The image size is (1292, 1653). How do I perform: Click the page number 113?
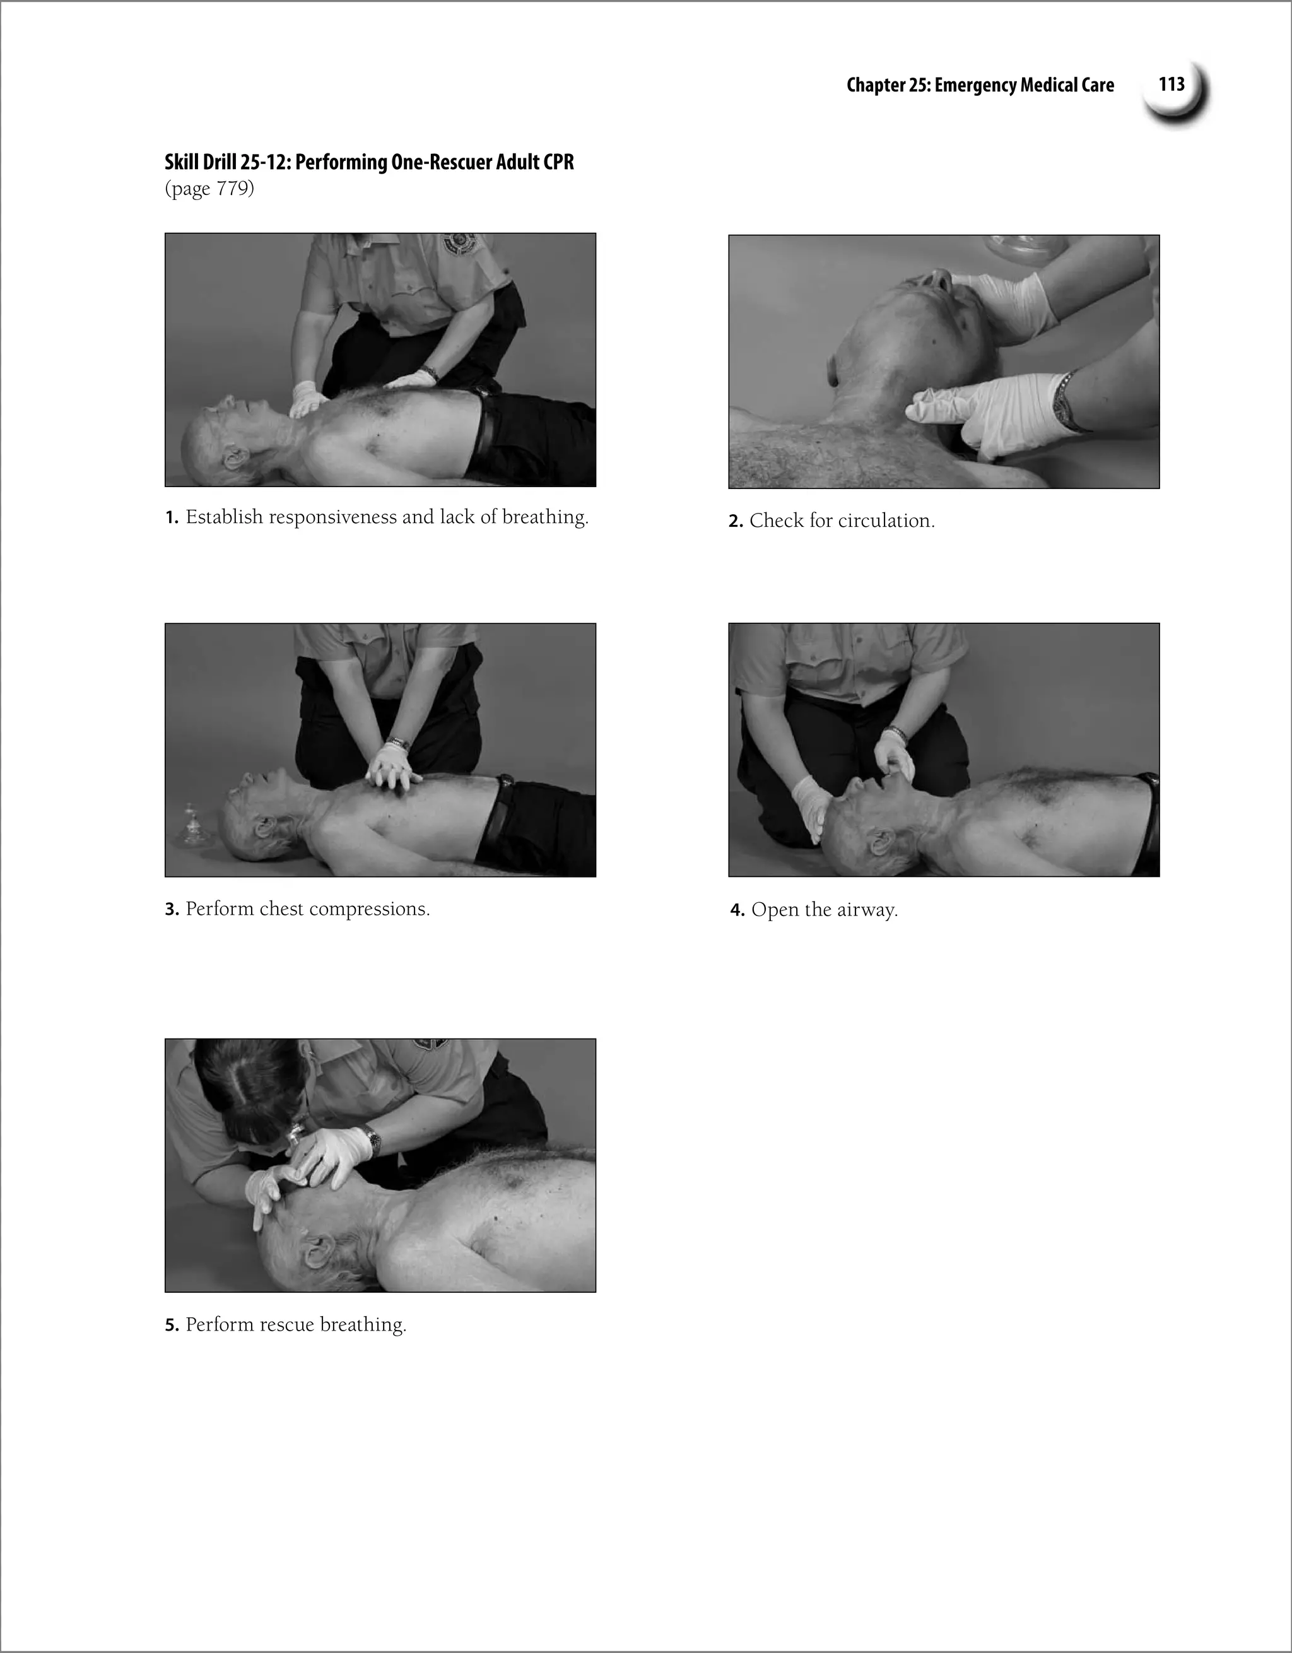1171,84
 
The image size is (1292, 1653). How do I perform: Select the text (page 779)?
209,189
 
